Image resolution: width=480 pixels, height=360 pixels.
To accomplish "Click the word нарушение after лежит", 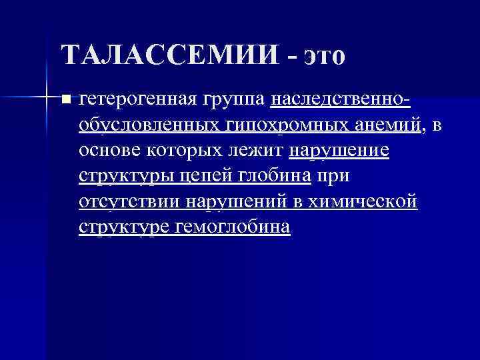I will [339, 151].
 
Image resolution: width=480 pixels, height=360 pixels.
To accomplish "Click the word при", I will [333, 176].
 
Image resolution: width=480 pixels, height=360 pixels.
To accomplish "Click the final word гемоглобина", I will [233, 227].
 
